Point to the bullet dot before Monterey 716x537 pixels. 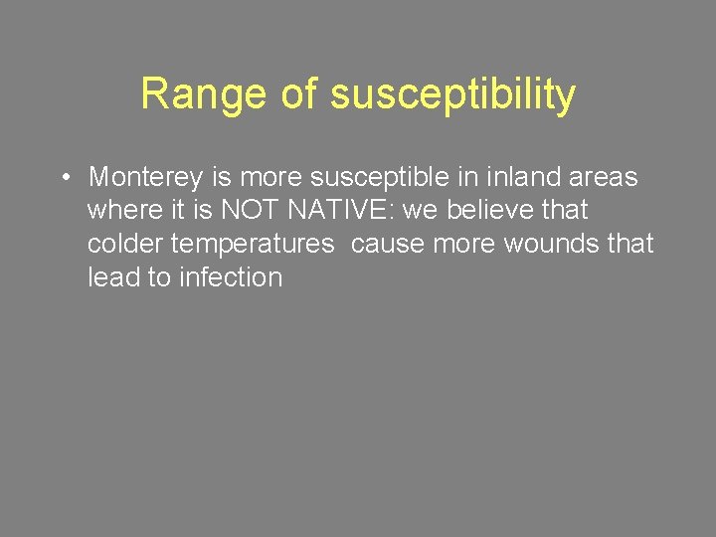pyautogui.click(x=63, y=178)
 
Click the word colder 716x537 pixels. pyautogui.click(x=125, y=244)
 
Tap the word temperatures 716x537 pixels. pyautogui.click(x=252, y=245)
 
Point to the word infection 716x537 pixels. pyautogui.click(x=231, y=277)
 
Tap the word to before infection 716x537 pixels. pyautogui.click(x=159, y=277)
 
